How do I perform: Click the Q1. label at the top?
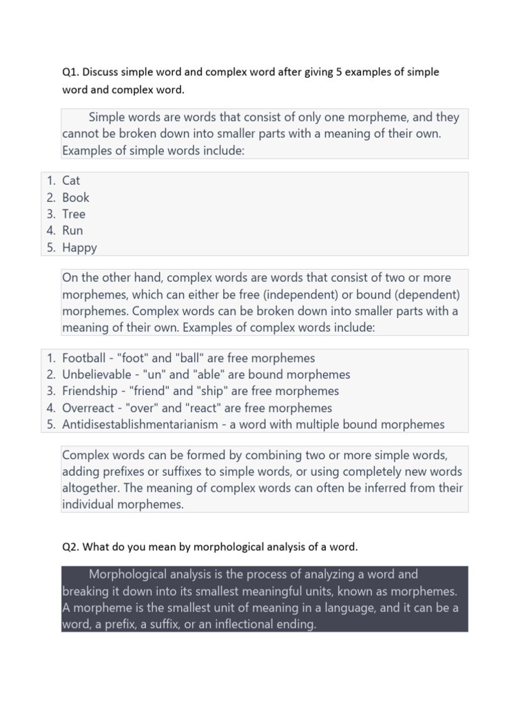click(70, 72)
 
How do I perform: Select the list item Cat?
click(71, 181)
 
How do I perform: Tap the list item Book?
click(76, 197)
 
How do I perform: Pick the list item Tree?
click(74, 214)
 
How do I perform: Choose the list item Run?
click(72, 230)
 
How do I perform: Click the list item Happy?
click(79, 248)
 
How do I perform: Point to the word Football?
click(84, 359)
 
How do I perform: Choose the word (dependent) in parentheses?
click(426, 294)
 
